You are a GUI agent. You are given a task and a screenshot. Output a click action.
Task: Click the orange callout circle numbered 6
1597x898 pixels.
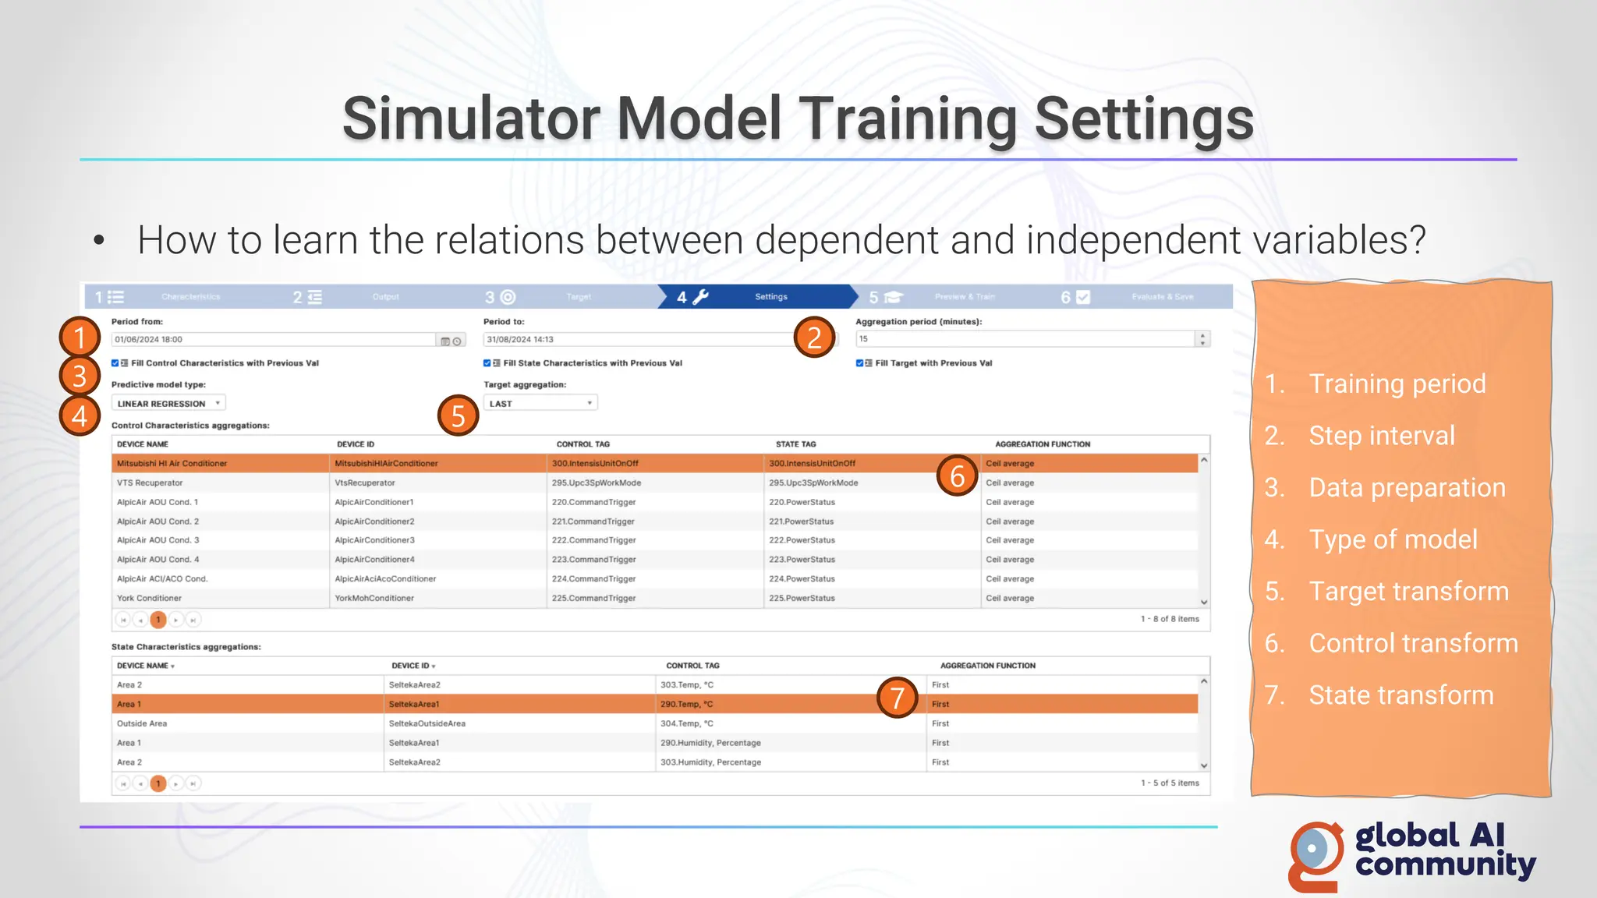tap(958, 476)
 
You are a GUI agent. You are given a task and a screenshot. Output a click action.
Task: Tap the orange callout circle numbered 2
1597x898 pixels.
tap(814, 338)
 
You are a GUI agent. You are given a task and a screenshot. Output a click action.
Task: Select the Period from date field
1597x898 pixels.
tap(273, 340)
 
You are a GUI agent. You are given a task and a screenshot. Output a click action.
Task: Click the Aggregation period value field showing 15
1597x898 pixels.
tap(1025, 339)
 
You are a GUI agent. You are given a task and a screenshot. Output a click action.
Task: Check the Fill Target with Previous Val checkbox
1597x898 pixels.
tap(859, 363)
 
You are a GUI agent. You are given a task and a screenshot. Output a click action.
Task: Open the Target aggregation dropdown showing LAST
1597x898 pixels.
tap(540, 404)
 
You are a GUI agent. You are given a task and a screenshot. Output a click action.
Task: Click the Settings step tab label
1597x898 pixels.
tap(770, 297)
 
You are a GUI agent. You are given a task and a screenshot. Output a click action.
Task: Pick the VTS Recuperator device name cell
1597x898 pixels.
tap(150, 483)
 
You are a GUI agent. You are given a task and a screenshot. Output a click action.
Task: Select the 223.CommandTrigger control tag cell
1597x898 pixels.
tap(594, 560)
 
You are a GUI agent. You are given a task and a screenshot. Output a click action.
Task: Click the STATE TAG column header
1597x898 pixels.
tap(795, 444)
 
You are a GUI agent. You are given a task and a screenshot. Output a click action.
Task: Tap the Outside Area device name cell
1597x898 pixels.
tap(142, 724)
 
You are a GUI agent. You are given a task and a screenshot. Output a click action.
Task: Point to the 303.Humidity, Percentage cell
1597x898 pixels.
tap(710, 762)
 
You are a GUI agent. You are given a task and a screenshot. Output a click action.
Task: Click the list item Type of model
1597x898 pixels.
tap(1393, 539)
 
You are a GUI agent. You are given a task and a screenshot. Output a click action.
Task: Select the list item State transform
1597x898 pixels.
tap(1400, 695)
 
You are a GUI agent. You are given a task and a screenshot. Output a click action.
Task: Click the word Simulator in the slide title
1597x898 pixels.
tap(472, 119)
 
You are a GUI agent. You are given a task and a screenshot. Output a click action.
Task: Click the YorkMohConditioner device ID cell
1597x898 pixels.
tap(374, 599)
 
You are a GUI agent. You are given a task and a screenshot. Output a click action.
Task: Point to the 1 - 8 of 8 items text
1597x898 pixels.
tap(1170, 619)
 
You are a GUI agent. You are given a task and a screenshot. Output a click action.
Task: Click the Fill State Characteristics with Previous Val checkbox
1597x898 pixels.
tap(487, 363)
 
